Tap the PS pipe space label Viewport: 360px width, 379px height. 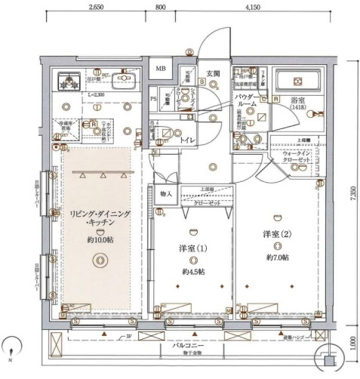pyautogui.click(x=154, y=98)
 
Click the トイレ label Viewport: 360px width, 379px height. pyautogui.click(x=184, y=140)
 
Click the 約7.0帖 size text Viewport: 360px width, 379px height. pyautogui.click(x=278, y=257)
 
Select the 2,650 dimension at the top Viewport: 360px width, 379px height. pyautogui.click(x=96, y=7)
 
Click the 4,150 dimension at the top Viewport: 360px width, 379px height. pyautogui.click(x=252, y=7)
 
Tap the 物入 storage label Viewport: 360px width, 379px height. pyautogui.click(x=167, y=193)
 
